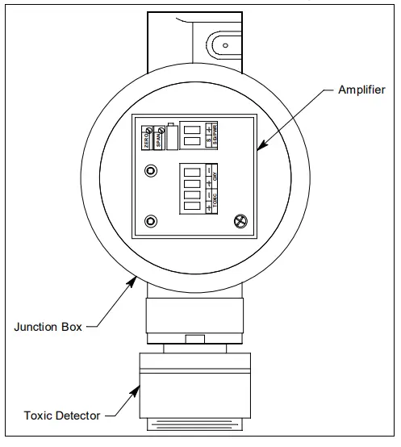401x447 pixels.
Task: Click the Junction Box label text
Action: point(47,327)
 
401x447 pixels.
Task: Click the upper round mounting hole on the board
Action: point(150,171)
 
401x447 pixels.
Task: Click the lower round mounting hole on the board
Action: point(150,221)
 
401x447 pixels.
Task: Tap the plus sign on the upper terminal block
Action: point(209,128)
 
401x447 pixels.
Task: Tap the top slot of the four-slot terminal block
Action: point(191,171)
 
